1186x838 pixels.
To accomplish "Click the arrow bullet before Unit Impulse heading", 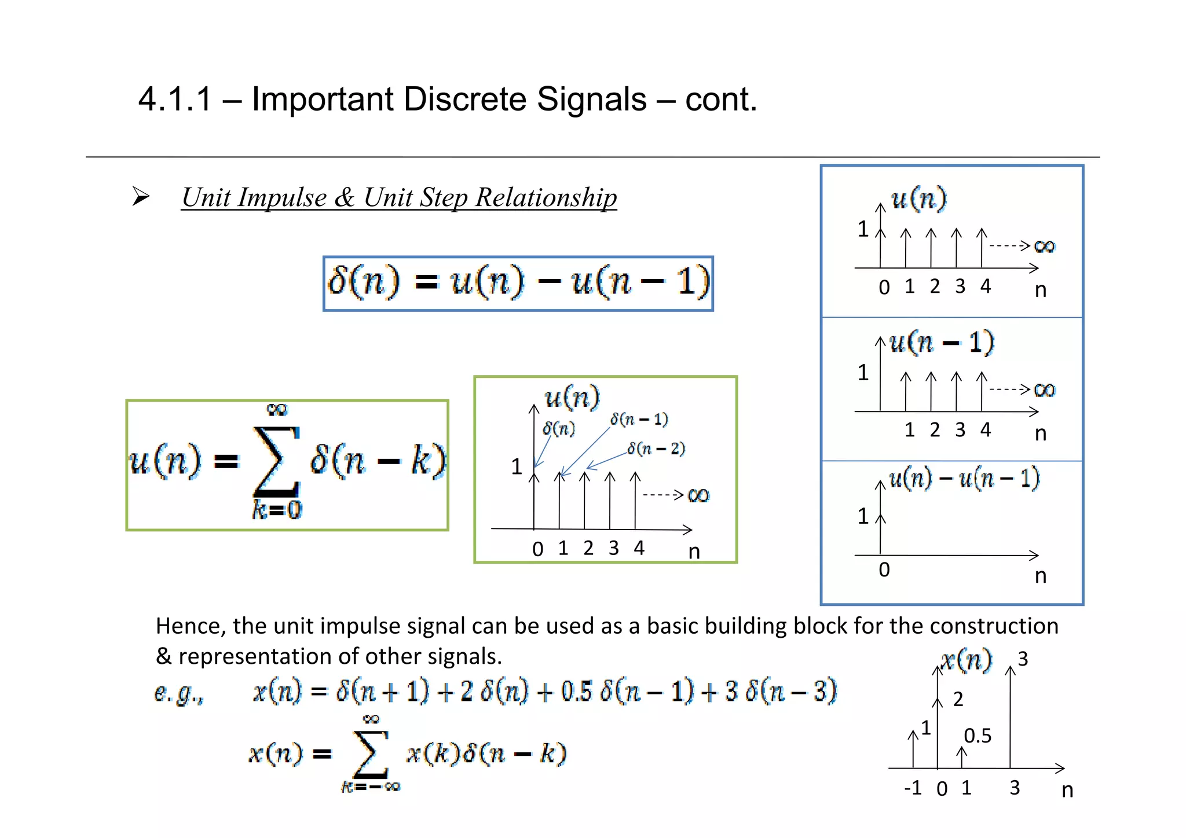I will [x=141, y=197].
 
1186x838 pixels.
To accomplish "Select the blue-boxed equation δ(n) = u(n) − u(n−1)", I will [x=518, y=284].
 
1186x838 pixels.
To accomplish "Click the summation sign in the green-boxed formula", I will [x=276, y=461].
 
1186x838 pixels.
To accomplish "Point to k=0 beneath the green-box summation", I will [x=277, y=510].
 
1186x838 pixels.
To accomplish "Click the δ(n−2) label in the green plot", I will [x=656, y=449].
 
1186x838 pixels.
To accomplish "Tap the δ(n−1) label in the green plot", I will [x=639, y=419].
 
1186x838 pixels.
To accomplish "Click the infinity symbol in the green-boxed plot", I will [x=698, y=495].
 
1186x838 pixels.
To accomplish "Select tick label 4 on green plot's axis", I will [x=639, y=547].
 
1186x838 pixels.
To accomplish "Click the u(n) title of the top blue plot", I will [x=918, y=199].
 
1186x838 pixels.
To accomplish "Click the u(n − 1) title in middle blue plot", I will [x=942, y=342].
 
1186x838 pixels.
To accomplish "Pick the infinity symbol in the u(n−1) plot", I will [x=1045, y=389].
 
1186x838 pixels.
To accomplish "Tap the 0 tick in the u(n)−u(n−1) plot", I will [x=884, y=569].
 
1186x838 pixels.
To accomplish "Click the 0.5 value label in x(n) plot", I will [x=978, y=736].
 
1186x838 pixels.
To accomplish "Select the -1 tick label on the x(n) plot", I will [x=913, y=788].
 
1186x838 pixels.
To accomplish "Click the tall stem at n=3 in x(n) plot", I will [x=1010, y=718].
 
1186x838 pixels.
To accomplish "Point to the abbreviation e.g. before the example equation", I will [x=179, y=693].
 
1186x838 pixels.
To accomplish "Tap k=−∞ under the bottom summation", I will [x=371, y=786].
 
